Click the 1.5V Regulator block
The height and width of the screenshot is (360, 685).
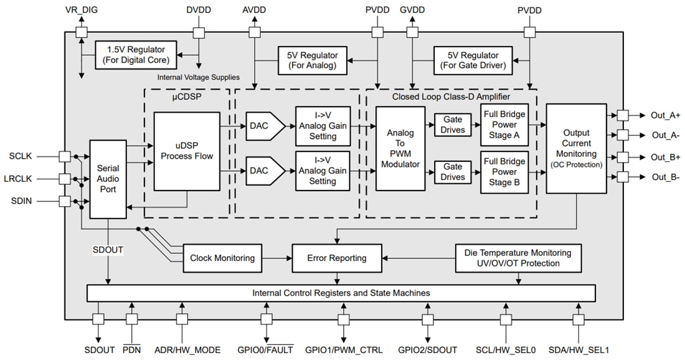[x=136, y=55]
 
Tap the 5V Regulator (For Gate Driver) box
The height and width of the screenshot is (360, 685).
[x=474, y=60]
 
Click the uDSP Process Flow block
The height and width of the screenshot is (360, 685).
[x=187, y=151]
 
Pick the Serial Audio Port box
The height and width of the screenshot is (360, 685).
[x=108, y=179]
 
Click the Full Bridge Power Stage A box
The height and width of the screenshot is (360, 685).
[x=504, y=125]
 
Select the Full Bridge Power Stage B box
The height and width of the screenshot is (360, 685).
[x=504, y=171]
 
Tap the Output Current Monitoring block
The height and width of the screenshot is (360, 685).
[x=576, y=148]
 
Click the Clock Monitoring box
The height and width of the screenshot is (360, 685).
[x=222, y=258]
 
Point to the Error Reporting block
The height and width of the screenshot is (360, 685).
[x=337, y=258]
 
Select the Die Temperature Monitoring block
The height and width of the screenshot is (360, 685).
[x=517, y=258]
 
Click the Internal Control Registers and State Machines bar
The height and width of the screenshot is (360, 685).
[x=341, y=293]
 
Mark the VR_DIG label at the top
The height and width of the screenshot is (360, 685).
[x=81, y=11]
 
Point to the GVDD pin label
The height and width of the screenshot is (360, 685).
[x=412, y=11]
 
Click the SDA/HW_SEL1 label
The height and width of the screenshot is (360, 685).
[x=579, y=349]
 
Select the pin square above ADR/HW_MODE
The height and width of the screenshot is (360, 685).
[x=182, y=319]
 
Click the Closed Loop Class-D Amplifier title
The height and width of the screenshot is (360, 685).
[x=451, y=97]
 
